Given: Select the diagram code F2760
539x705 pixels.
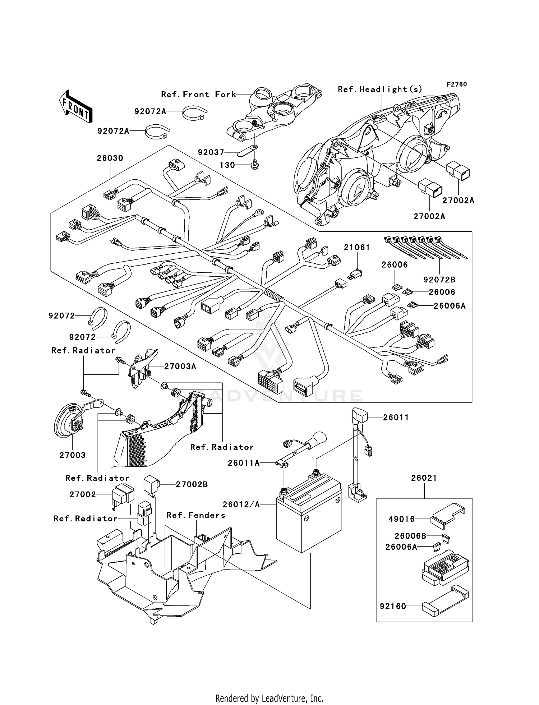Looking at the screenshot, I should point(456,84).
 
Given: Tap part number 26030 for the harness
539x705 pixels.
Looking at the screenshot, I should point(110,158).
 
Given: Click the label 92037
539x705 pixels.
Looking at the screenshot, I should point(211,152).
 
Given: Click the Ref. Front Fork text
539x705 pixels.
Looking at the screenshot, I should point(199,95).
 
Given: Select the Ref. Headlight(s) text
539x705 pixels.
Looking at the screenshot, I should point(379,89).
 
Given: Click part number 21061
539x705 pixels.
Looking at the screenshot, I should point(356,247).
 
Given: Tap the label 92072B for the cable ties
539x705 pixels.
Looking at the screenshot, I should point(439,280).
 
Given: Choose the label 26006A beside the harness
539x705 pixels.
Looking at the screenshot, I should point(449,306).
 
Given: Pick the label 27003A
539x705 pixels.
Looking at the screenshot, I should point(180,367).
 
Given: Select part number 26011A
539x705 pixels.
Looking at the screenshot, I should point(243,463).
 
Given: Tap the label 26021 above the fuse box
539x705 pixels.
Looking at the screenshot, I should point(424,478).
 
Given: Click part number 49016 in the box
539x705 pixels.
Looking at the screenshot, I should point(401,519).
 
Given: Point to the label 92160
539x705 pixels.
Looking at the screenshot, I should point(393,606).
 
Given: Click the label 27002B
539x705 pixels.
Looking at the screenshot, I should point(192,484).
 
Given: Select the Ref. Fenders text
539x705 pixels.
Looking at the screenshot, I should point(196,515).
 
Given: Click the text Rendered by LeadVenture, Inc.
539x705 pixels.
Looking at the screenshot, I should point(269,698).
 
